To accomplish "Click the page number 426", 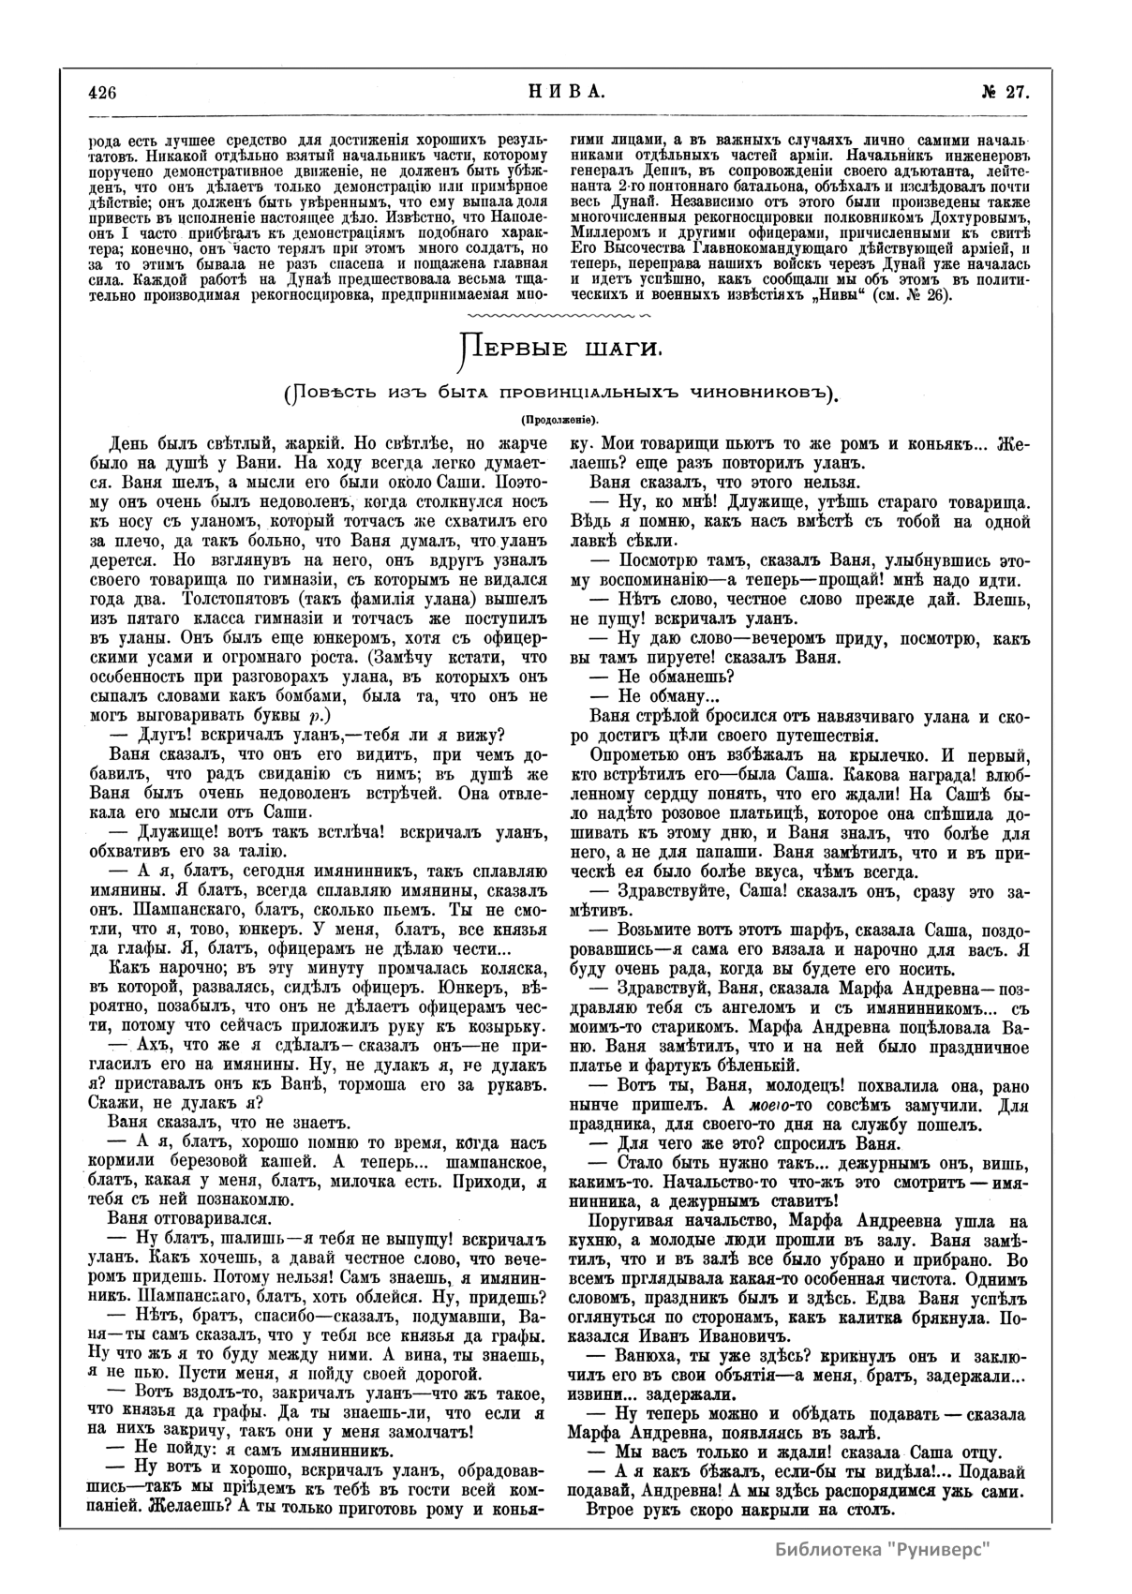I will (101, 92).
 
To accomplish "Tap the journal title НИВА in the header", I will (560, 92).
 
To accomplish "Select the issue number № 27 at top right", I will (1005, 92).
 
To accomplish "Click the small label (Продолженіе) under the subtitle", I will (560, 419).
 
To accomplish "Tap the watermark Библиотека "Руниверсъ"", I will (884, 1547).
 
